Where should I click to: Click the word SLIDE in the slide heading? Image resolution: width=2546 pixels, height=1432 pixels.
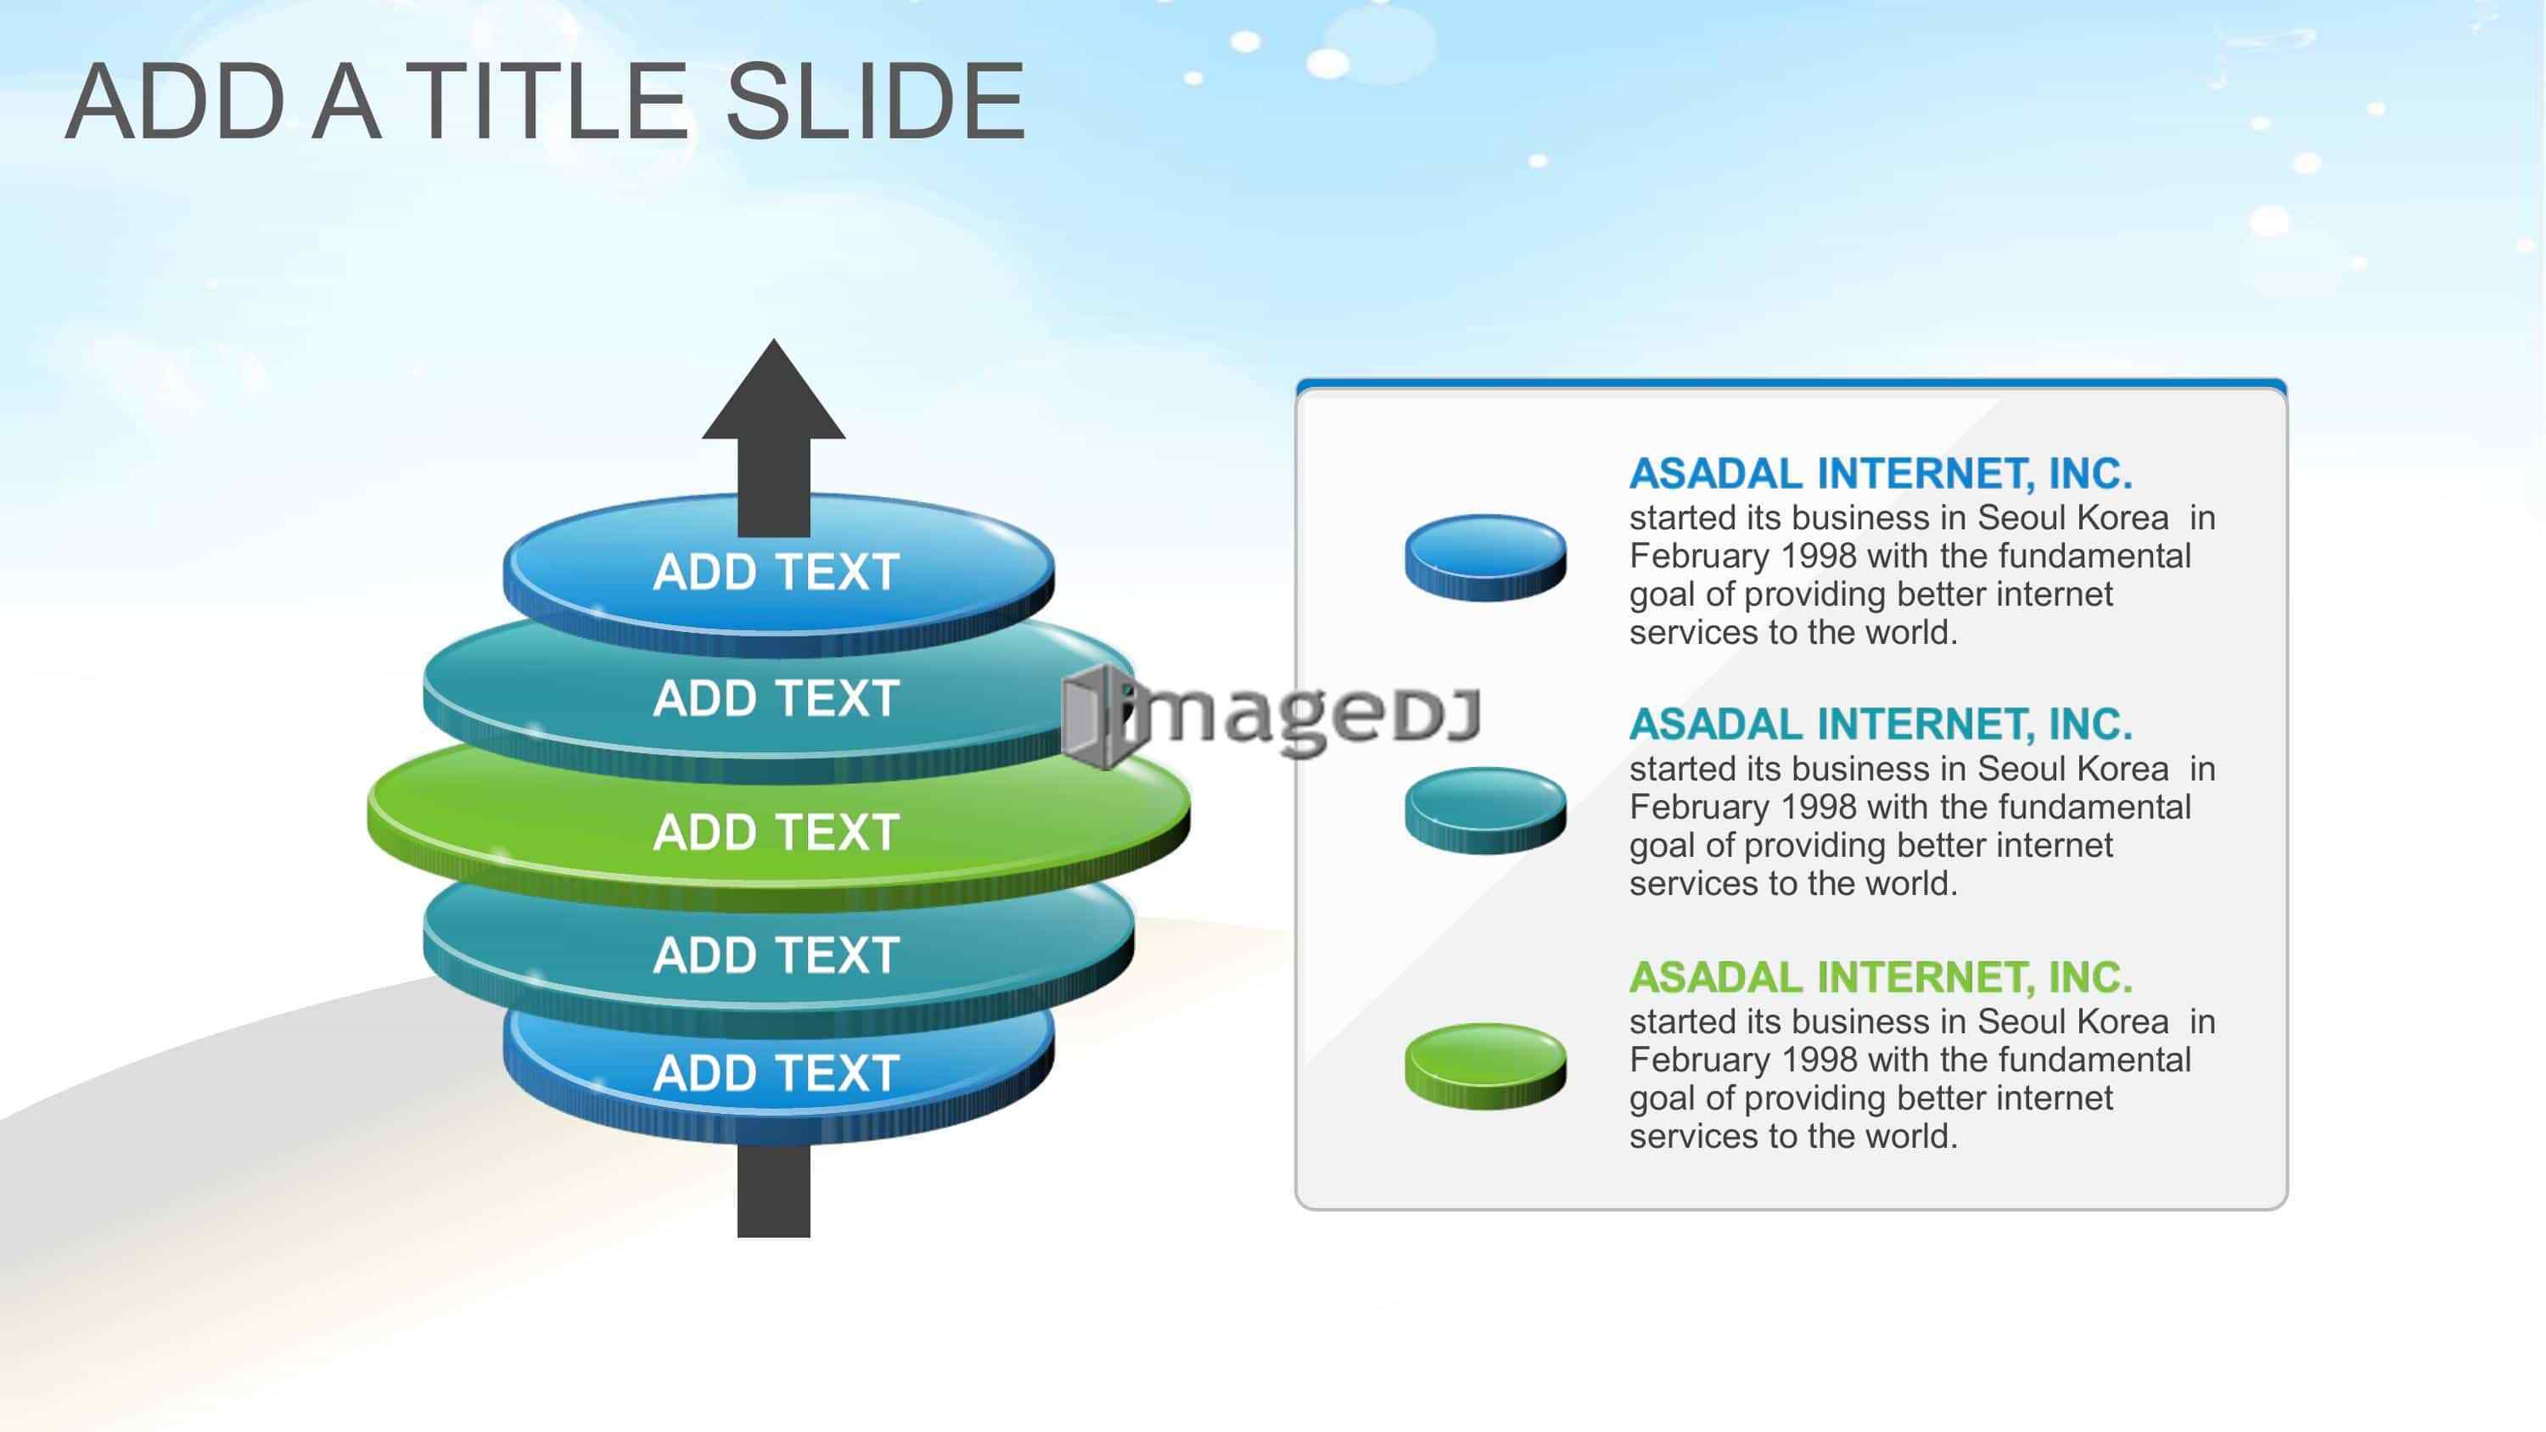coord(876,101)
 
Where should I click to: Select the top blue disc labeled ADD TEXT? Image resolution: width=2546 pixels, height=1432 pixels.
coord(778,573)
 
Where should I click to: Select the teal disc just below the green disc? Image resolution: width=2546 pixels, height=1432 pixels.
coord(778,954)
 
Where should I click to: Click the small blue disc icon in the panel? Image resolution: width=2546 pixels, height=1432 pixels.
coord(1485,557)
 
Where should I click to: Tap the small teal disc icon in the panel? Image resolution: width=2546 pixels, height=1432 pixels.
coord(1485,810)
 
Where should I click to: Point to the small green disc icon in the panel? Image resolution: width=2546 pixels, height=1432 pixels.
coord(1485,1066)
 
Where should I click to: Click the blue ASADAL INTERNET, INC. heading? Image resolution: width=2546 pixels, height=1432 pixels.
coord(1881,474)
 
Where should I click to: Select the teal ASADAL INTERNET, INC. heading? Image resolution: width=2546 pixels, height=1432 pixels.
coord(1881,724)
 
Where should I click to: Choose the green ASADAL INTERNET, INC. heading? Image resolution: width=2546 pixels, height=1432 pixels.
coord(1881,977)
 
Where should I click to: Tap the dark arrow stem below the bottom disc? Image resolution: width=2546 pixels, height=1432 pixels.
coord(774,1191)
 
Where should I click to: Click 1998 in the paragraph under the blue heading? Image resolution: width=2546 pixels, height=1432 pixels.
coord(1819,557)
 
